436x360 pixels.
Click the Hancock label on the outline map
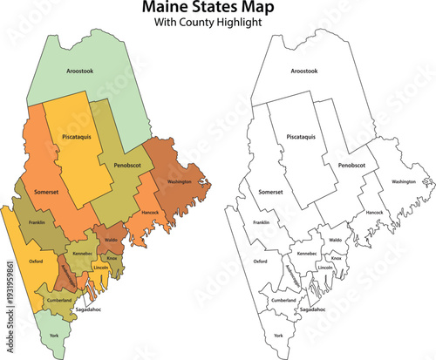tap(374, 212)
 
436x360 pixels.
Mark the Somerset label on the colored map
tap(47, 191)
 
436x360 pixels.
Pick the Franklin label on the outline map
tap(261, 222)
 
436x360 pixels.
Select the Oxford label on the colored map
tap(36, 260)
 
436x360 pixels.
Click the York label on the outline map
tap(278, 335)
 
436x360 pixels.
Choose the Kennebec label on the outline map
tap(307, 253)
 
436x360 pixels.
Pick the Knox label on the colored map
tap(112, 258)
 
